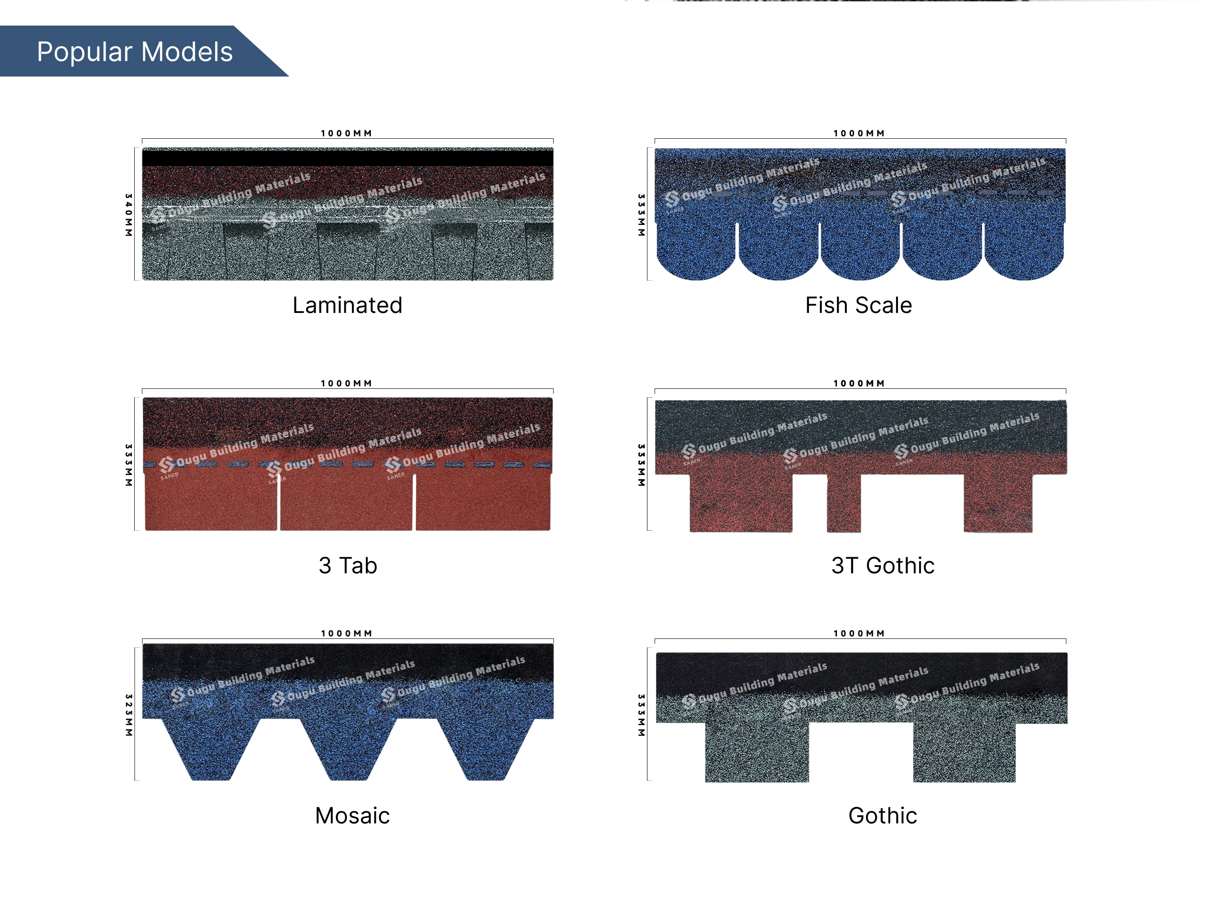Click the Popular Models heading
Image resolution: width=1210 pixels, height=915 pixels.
point(135,52)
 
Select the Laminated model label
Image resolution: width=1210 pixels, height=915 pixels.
point(348,305)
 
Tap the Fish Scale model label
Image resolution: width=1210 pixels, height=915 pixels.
point(858,305)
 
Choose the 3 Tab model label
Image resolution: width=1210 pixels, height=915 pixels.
point(348,566)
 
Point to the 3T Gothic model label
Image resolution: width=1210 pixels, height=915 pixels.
point(882,566)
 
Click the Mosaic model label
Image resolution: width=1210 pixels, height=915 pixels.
point(352,815)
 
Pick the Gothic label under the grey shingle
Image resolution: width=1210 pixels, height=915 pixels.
point(882,815)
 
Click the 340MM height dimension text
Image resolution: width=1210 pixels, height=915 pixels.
point(128,215)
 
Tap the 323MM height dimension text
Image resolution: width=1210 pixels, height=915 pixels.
point(128,715)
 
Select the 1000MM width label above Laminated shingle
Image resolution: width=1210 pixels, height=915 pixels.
point(346,133)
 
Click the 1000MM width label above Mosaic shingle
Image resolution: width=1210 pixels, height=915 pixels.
point(346,633)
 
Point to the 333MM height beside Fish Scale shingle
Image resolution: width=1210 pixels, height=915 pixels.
point(641,215)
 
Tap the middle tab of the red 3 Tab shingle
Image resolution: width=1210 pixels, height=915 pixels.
point(346,503)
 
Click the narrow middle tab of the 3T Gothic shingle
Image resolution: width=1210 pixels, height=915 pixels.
point(844,503)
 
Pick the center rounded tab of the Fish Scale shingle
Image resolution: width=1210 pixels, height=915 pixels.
point(859,251)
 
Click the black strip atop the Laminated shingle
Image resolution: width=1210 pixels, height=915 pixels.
point(348,158)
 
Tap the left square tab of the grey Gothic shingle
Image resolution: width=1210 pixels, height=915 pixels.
point(757,752)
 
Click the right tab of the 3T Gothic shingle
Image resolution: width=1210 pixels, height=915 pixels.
point(998,503)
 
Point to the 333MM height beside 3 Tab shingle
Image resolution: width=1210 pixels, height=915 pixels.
point(128,465)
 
